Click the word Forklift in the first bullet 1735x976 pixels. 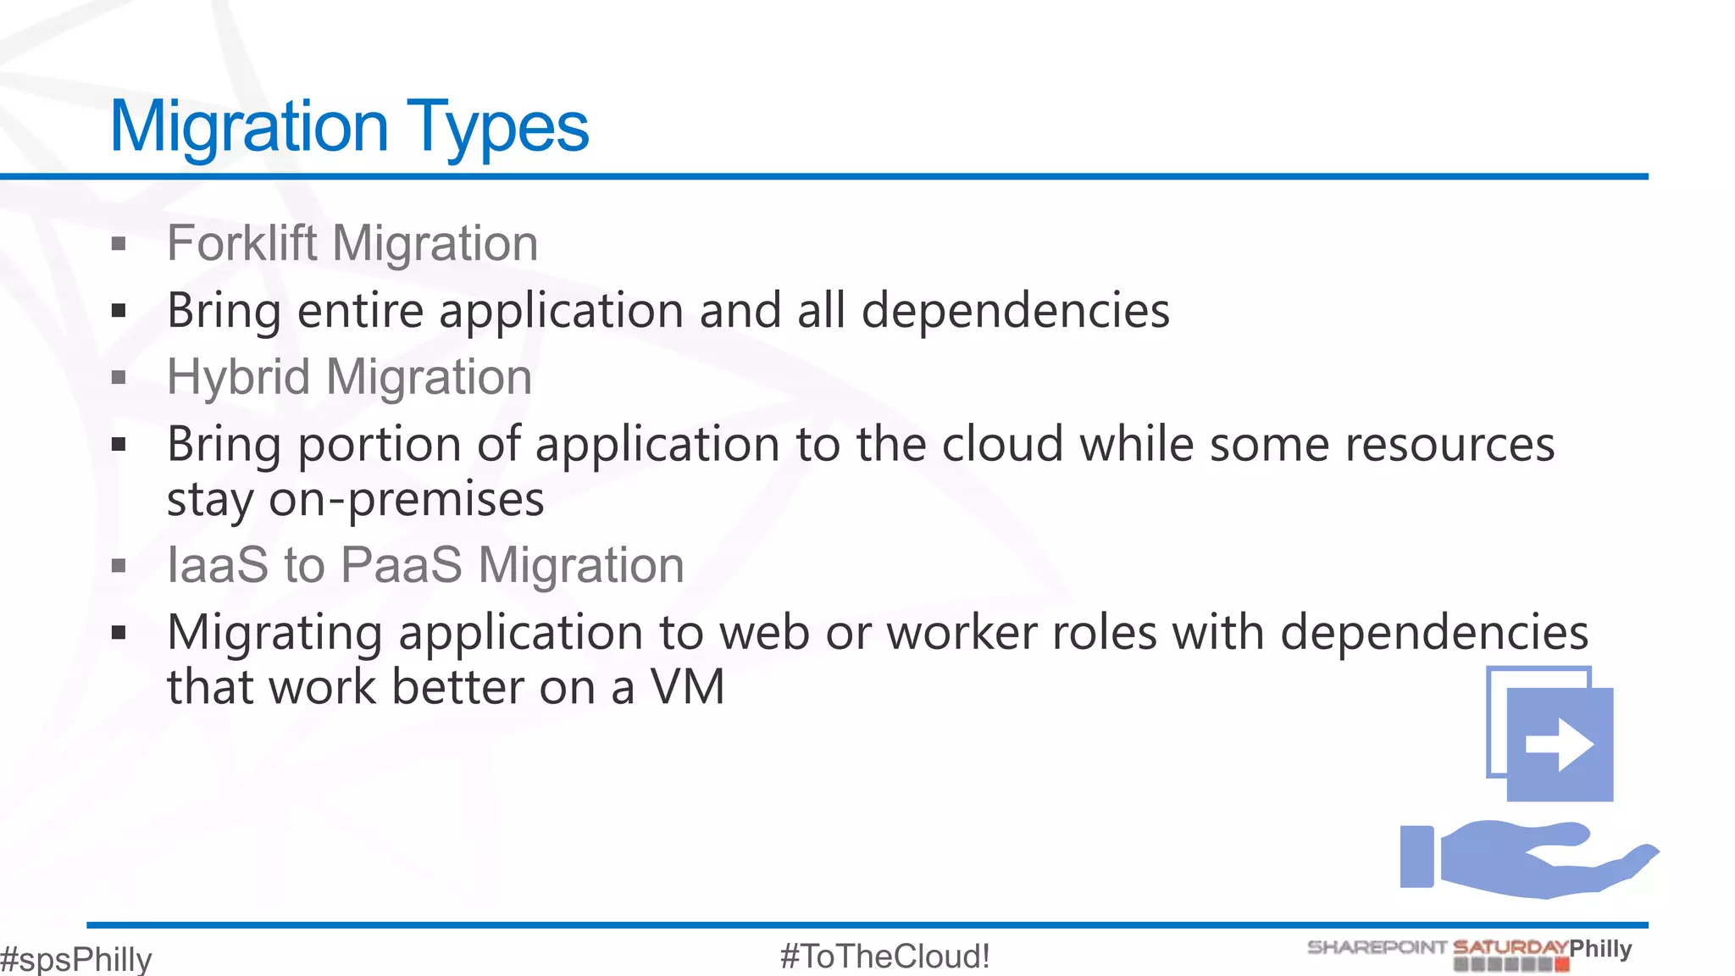pyautogui.click(x=242, y=243)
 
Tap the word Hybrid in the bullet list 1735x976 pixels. pyautogui.click(x=238, y=377)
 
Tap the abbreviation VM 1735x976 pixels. pyautogui.click(x=688, y=686)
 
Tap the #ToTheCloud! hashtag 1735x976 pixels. pyautogui.click(x=884, y=957)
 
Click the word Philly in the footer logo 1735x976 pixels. pyautogui.click(x=1600, y=948)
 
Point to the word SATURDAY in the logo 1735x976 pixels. pyautogui.click(x=1510, y=947)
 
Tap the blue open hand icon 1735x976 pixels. pyautogui.click(x=1525, y=858)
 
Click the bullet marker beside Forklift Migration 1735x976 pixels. pyautogui.click(x=119, y=245)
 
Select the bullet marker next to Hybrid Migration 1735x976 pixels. pyautogui.click(x=119, y=378)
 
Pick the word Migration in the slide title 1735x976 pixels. pyautogui.click(x=249, y=127)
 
